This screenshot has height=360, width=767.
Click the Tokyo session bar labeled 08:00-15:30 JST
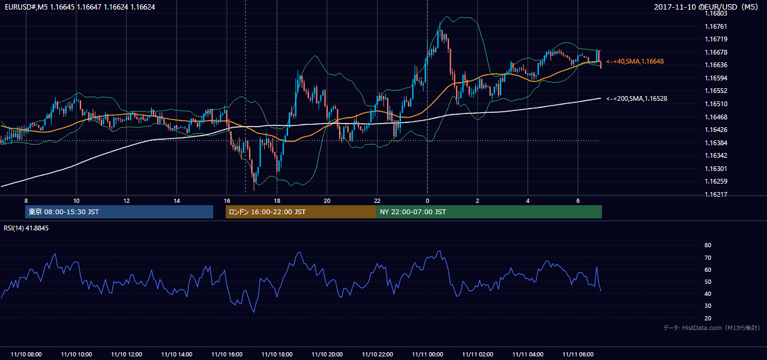point(119,212)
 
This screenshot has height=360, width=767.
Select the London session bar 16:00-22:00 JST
point(301,212)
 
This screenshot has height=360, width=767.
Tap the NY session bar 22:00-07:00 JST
point(489,212)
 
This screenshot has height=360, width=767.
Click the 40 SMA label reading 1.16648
point(635,62)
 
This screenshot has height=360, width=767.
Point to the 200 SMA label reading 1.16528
point(637,98)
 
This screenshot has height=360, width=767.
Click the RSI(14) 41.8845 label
point(26,228)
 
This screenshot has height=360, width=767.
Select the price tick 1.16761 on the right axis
point(716,26)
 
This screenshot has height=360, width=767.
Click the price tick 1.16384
point(716,143)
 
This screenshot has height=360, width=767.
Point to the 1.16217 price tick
point(716,194)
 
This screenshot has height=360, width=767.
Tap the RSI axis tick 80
point(708,245)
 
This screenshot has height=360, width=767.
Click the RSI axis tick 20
point(708,318)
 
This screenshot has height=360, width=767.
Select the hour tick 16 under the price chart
point(227,201)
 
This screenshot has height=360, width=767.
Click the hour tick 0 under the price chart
point(427,201)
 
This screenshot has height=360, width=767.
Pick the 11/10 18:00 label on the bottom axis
point(277,354)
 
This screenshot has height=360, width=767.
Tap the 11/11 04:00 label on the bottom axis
point(528,354)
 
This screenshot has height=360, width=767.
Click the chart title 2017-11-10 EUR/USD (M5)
point(706,7)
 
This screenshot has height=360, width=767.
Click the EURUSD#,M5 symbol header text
point(26,7)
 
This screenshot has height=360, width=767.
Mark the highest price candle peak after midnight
point(441,23)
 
